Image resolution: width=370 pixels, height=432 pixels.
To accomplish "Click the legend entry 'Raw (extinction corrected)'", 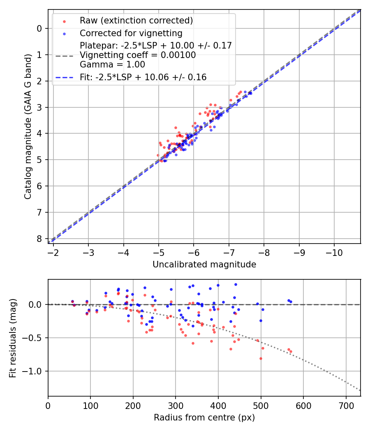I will click(136, 21).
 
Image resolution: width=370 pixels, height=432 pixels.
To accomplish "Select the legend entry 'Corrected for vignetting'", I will click(131, 33).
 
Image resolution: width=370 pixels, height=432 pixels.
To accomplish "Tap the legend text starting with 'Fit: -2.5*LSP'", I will click(143, 77).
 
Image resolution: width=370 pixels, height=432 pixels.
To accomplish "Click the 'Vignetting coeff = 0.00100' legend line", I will click(138, 55).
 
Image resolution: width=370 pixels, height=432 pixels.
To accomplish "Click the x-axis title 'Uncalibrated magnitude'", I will click(204, 265).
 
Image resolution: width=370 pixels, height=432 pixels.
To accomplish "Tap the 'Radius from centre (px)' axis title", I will click(204, 418).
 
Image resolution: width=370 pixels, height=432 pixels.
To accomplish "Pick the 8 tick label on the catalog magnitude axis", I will click(40, 239).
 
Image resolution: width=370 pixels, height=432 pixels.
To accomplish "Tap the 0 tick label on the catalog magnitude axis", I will click(40, 28).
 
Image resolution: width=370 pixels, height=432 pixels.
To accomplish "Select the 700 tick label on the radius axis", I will click(346, 405).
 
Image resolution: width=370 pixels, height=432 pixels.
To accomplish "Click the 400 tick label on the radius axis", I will click(218, 405).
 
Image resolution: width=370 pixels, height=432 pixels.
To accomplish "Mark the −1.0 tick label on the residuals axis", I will click(35, 371).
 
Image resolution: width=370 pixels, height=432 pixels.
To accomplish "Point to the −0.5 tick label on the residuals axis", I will click(35, 338).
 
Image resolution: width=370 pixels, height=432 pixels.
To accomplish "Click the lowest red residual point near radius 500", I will click(261, 358).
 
